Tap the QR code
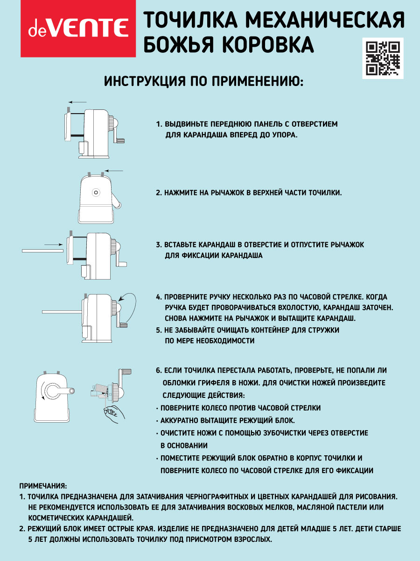click(383, 58)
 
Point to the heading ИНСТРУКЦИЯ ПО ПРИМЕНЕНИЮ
click(203, 82)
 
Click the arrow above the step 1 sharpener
click(77, 101)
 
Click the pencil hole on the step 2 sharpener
click(96, 192)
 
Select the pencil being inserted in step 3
click(42, 251)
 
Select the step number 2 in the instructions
click(159, 193)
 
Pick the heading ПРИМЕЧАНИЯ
click(43, 486)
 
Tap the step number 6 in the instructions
click(159, 370)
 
